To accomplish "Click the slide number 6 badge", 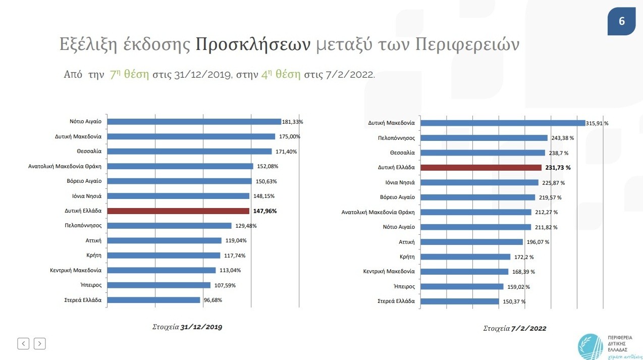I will point(621,21).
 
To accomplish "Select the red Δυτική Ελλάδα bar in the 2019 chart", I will point(179,211).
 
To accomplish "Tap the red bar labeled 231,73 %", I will point(480,168).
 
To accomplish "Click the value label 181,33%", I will point(293,122).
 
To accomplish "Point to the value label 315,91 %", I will point(597,123).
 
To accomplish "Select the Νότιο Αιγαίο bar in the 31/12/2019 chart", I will point(194,122).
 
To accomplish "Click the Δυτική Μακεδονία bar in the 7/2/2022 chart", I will point(503,123).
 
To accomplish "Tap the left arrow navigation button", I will point(23,344).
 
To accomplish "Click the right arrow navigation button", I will point(40,344).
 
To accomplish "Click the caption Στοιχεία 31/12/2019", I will point(187,327).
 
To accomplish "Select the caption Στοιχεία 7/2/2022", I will point(515,329).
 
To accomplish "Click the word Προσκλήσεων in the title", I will point(253,45).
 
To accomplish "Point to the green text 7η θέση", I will point(129,75).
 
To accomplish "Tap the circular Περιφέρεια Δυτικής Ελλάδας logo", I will point(591,346).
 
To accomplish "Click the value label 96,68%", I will point(212,300).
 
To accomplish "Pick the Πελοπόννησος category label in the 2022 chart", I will point(396,138).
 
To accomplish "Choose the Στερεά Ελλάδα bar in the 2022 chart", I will point(459,301).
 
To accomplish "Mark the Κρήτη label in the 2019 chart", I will point(94,255).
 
